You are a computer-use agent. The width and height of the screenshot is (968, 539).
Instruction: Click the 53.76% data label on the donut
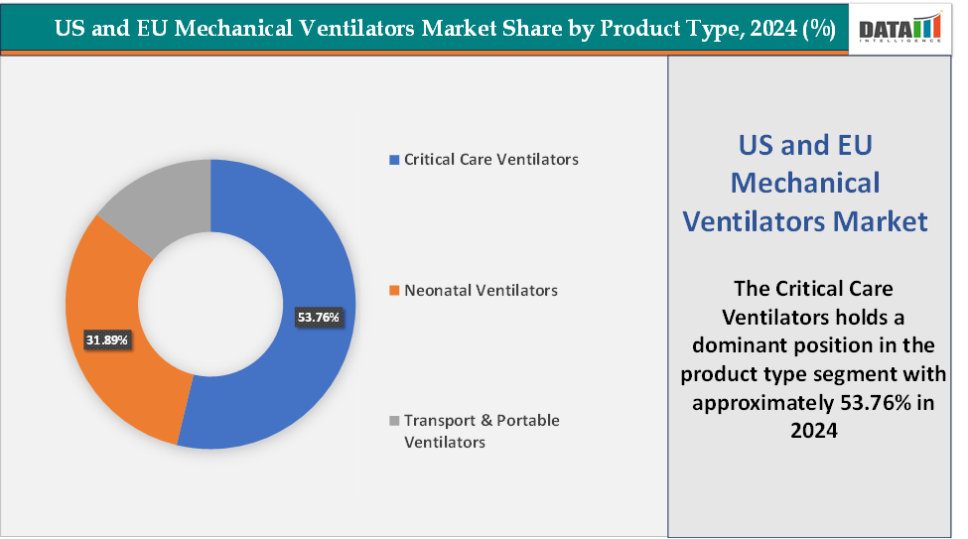[x=318, y=318]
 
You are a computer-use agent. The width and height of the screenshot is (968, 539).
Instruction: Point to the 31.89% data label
[x=106, y=340]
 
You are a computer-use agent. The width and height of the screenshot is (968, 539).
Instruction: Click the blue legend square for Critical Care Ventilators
[x=394, y=160]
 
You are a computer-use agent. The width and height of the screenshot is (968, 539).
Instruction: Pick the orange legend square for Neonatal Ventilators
[x=394, y=291]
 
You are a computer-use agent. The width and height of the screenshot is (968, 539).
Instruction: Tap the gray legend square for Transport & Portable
[x=394, y=421]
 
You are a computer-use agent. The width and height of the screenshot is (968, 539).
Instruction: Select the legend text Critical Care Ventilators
[x=490, y=159]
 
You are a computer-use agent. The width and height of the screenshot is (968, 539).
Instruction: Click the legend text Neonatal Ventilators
[x=481, y=291]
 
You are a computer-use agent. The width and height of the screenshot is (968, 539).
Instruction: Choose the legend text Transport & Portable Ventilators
[x=482, y=431]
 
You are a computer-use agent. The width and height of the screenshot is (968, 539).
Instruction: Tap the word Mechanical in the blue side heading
[x=805, y=183]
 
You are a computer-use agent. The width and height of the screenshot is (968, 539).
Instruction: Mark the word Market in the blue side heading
[x=879, y=220]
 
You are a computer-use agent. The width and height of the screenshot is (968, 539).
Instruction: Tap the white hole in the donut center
[x=210, y=304]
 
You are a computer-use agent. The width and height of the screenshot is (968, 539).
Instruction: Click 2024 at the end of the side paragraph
[x=815, y=432]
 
